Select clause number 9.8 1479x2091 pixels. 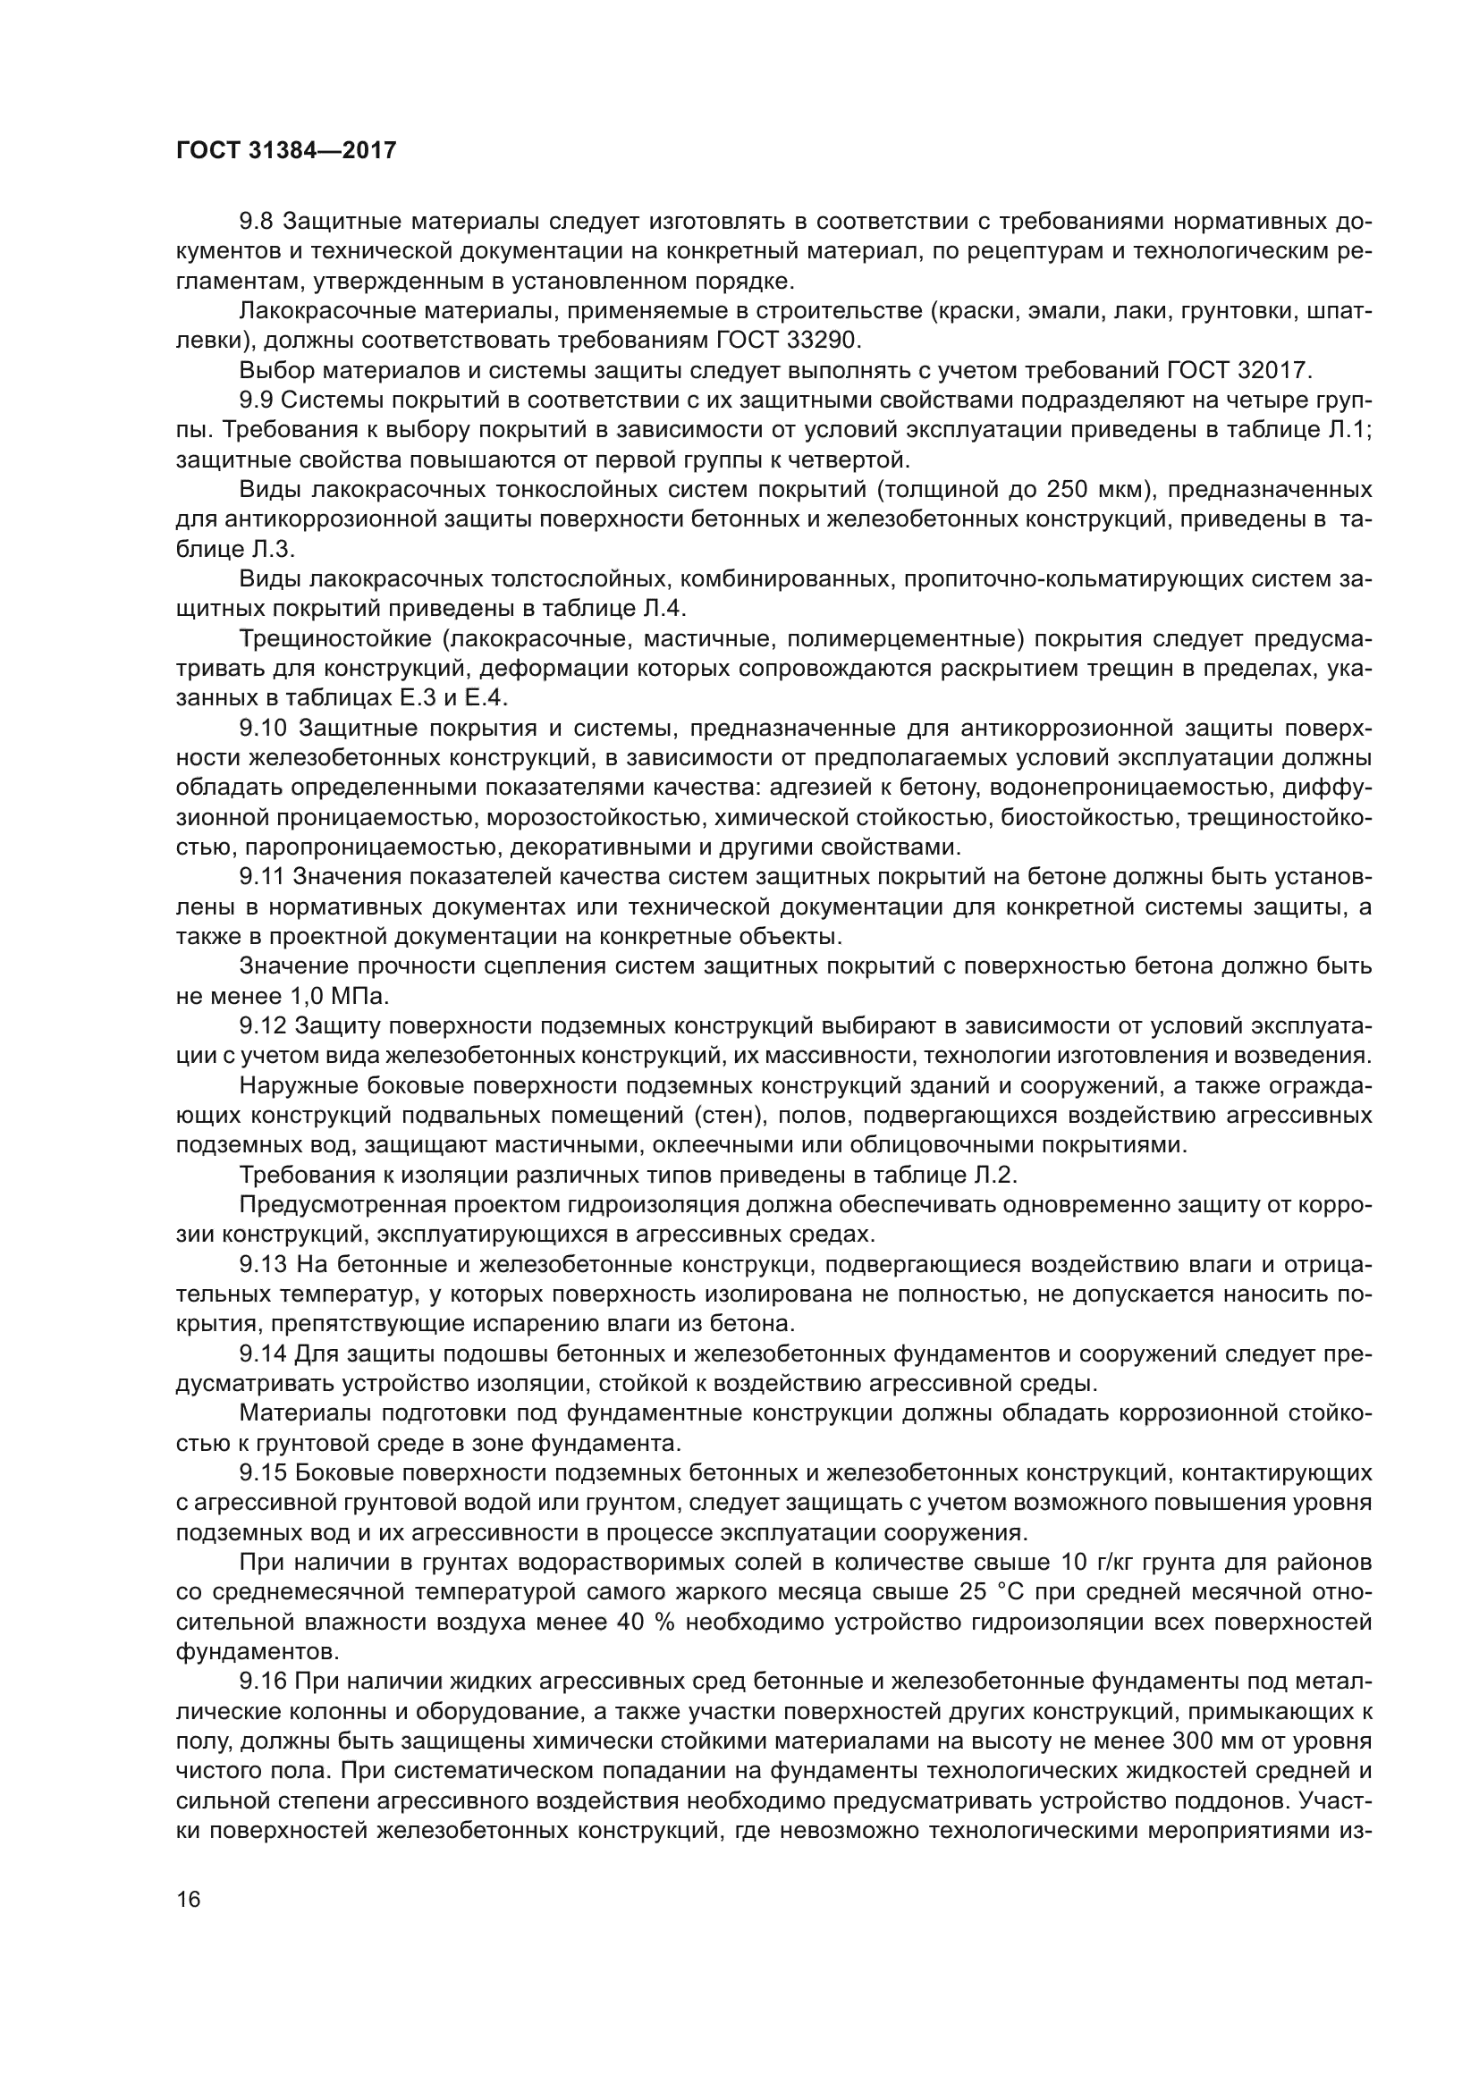click(x=256, y=222)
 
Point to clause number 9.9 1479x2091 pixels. click(x=256, y=400)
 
